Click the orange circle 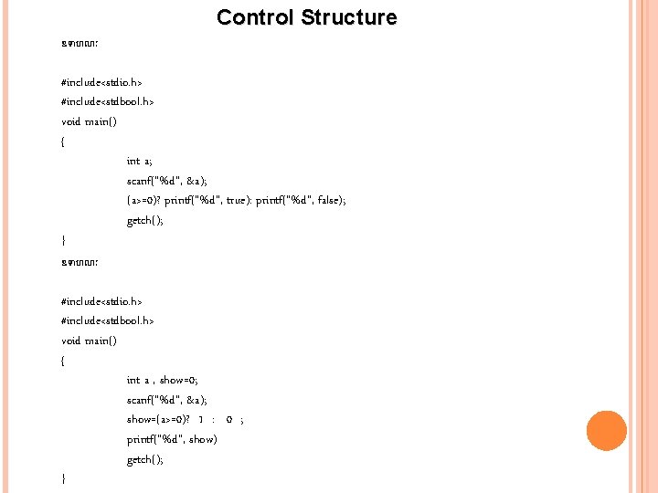click(x=606, y=431)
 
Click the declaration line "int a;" click(x=140, y=161)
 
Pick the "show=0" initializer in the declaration click(x=178, y=380)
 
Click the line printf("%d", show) click(x=172, y=440)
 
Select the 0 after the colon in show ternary click(x=228, y=420)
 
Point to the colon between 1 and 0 click(x=213, y=420)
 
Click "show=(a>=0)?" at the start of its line click(x=158, y=420)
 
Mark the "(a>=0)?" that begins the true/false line click(x=143, y=201)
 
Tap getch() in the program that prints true click(x=145, y=221)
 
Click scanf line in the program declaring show click(x=167, y=400)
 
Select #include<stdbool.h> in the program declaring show click(x=107, y=320)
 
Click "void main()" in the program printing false click(x=89, y=121)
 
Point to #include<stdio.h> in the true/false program click(x=101, y=82)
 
